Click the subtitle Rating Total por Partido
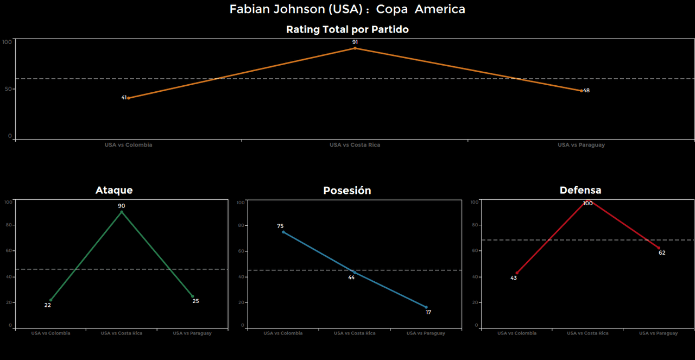pyautogui.click(x=347, y=30)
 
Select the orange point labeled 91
pyautogui.click(x=355, y=48)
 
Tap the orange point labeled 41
pyautogui.click(x=128, y=98)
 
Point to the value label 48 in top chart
pyautogui.click(x=586, y=91)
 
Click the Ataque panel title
pyautogui.click(x=114, y=190)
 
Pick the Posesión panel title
pyautogui.click(x=347, y=191)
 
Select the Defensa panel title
pyautogui.click(x=580, y=190)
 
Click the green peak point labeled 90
pyautogui.click(x=122, y=212)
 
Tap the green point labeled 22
pyautogui.click(x=50, y=300)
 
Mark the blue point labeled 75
pyautogui.click(x=283, y=232)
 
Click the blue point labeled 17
pyautogui.click(x=426, y=307)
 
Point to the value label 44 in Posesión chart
pyautogui.click(x=351, y=277)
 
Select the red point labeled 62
pyautogui.click(x=659, y=248)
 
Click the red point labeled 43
pyautogui.click(x=517, y=273)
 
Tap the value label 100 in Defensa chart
pyautogui.click(x=587, y=204)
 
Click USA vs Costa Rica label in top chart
pyautogui.click(x=355, y=145)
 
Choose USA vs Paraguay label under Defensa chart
pyautogui.click(x=658, y=333)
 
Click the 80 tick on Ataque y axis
pyautogui.click(x=8, y=225)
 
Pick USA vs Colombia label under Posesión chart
pyautogui.click(x=283, y=333)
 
